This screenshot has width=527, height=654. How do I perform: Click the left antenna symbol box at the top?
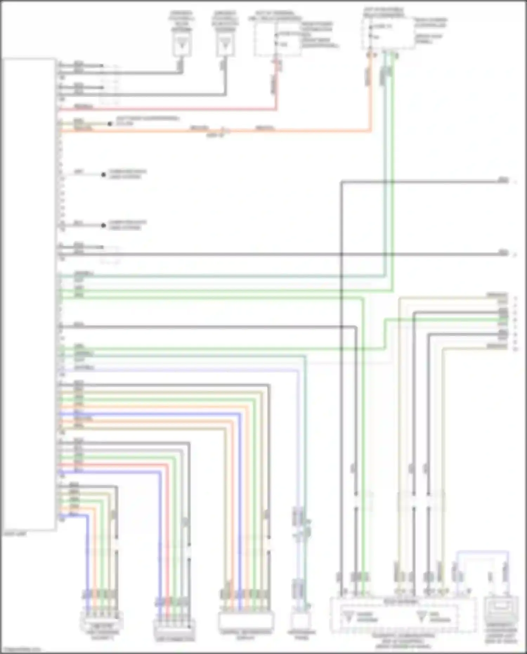182,45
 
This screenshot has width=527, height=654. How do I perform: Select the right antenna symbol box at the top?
225,45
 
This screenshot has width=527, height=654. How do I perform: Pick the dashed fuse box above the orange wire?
388,33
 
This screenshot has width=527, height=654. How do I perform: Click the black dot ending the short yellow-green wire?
110,124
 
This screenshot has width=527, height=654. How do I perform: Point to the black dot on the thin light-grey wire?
103,175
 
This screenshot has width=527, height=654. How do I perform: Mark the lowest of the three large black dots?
103,225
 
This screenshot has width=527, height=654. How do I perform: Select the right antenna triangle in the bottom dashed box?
421,616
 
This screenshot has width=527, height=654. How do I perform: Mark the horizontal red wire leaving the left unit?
169,109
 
